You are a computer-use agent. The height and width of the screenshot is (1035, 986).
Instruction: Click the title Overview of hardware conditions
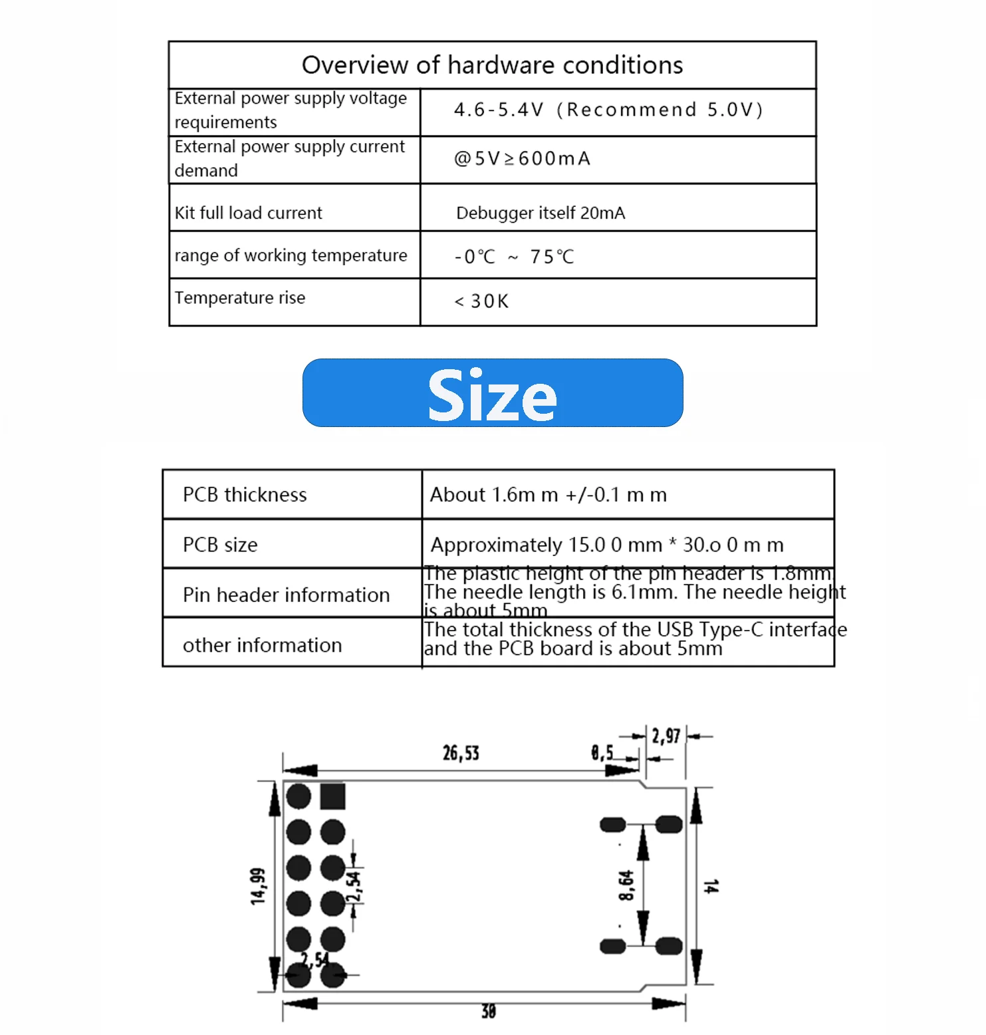[x=492, y=65]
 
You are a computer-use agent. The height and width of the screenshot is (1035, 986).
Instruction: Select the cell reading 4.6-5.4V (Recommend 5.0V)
[x=608, y=110]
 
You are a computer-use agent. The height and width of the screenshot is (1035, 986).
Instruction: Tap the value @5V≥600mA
[x=522, y=159]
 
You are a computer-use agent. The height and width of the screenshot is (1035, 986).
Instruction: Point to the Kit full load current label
[x=248, y=213]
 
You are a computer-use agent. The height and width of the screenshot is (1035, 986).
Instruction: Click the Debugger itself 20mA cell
[x=540, y=213]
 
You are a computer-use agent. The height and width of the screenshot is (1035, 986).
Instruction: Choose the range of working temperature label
[x=291, y=255]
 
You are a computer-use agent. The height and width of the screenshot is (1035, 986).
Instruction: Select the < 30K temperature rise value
[x=481, y=301]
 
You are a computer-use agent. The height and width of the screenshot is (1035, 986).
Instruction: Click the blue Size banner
[x=492, y=393]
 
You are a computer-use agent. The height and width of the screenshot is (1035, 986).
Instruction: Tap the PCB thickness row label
[x=245, y=495]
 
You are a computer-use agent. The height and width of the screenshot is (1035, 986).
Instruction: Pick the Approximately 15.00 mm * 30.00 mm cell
[x=606, y=545]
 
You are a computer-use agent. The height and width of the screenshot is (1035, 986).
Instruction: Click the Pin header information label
[x=286, y=595]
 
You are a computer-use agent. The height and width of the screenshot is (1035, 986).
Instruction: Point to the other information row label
[x=262, y=645]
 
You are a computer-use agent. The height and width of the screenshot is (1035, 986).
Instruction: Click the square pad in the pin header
[x=332, y=796]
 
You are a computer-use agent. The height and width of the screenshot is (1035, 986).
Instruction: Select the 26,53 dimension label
[x=461, y=753]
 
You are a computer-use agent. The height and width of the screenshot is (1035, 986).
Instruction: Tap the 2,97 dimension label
[x=666, y=736]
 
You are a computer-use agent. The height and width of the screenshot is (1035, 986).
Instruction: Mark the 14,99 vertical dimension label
[x=258, y=885]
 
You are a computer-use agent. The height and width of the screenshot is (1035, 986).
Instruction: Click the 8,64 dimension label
[x=626, y=885]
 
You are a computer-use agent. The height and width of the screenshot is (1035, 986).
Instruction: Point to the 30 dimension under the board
[x=488, y=1011]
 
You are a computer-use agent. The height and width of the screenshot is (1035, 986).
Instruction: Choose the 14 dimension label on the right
[x=711, y=885]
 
